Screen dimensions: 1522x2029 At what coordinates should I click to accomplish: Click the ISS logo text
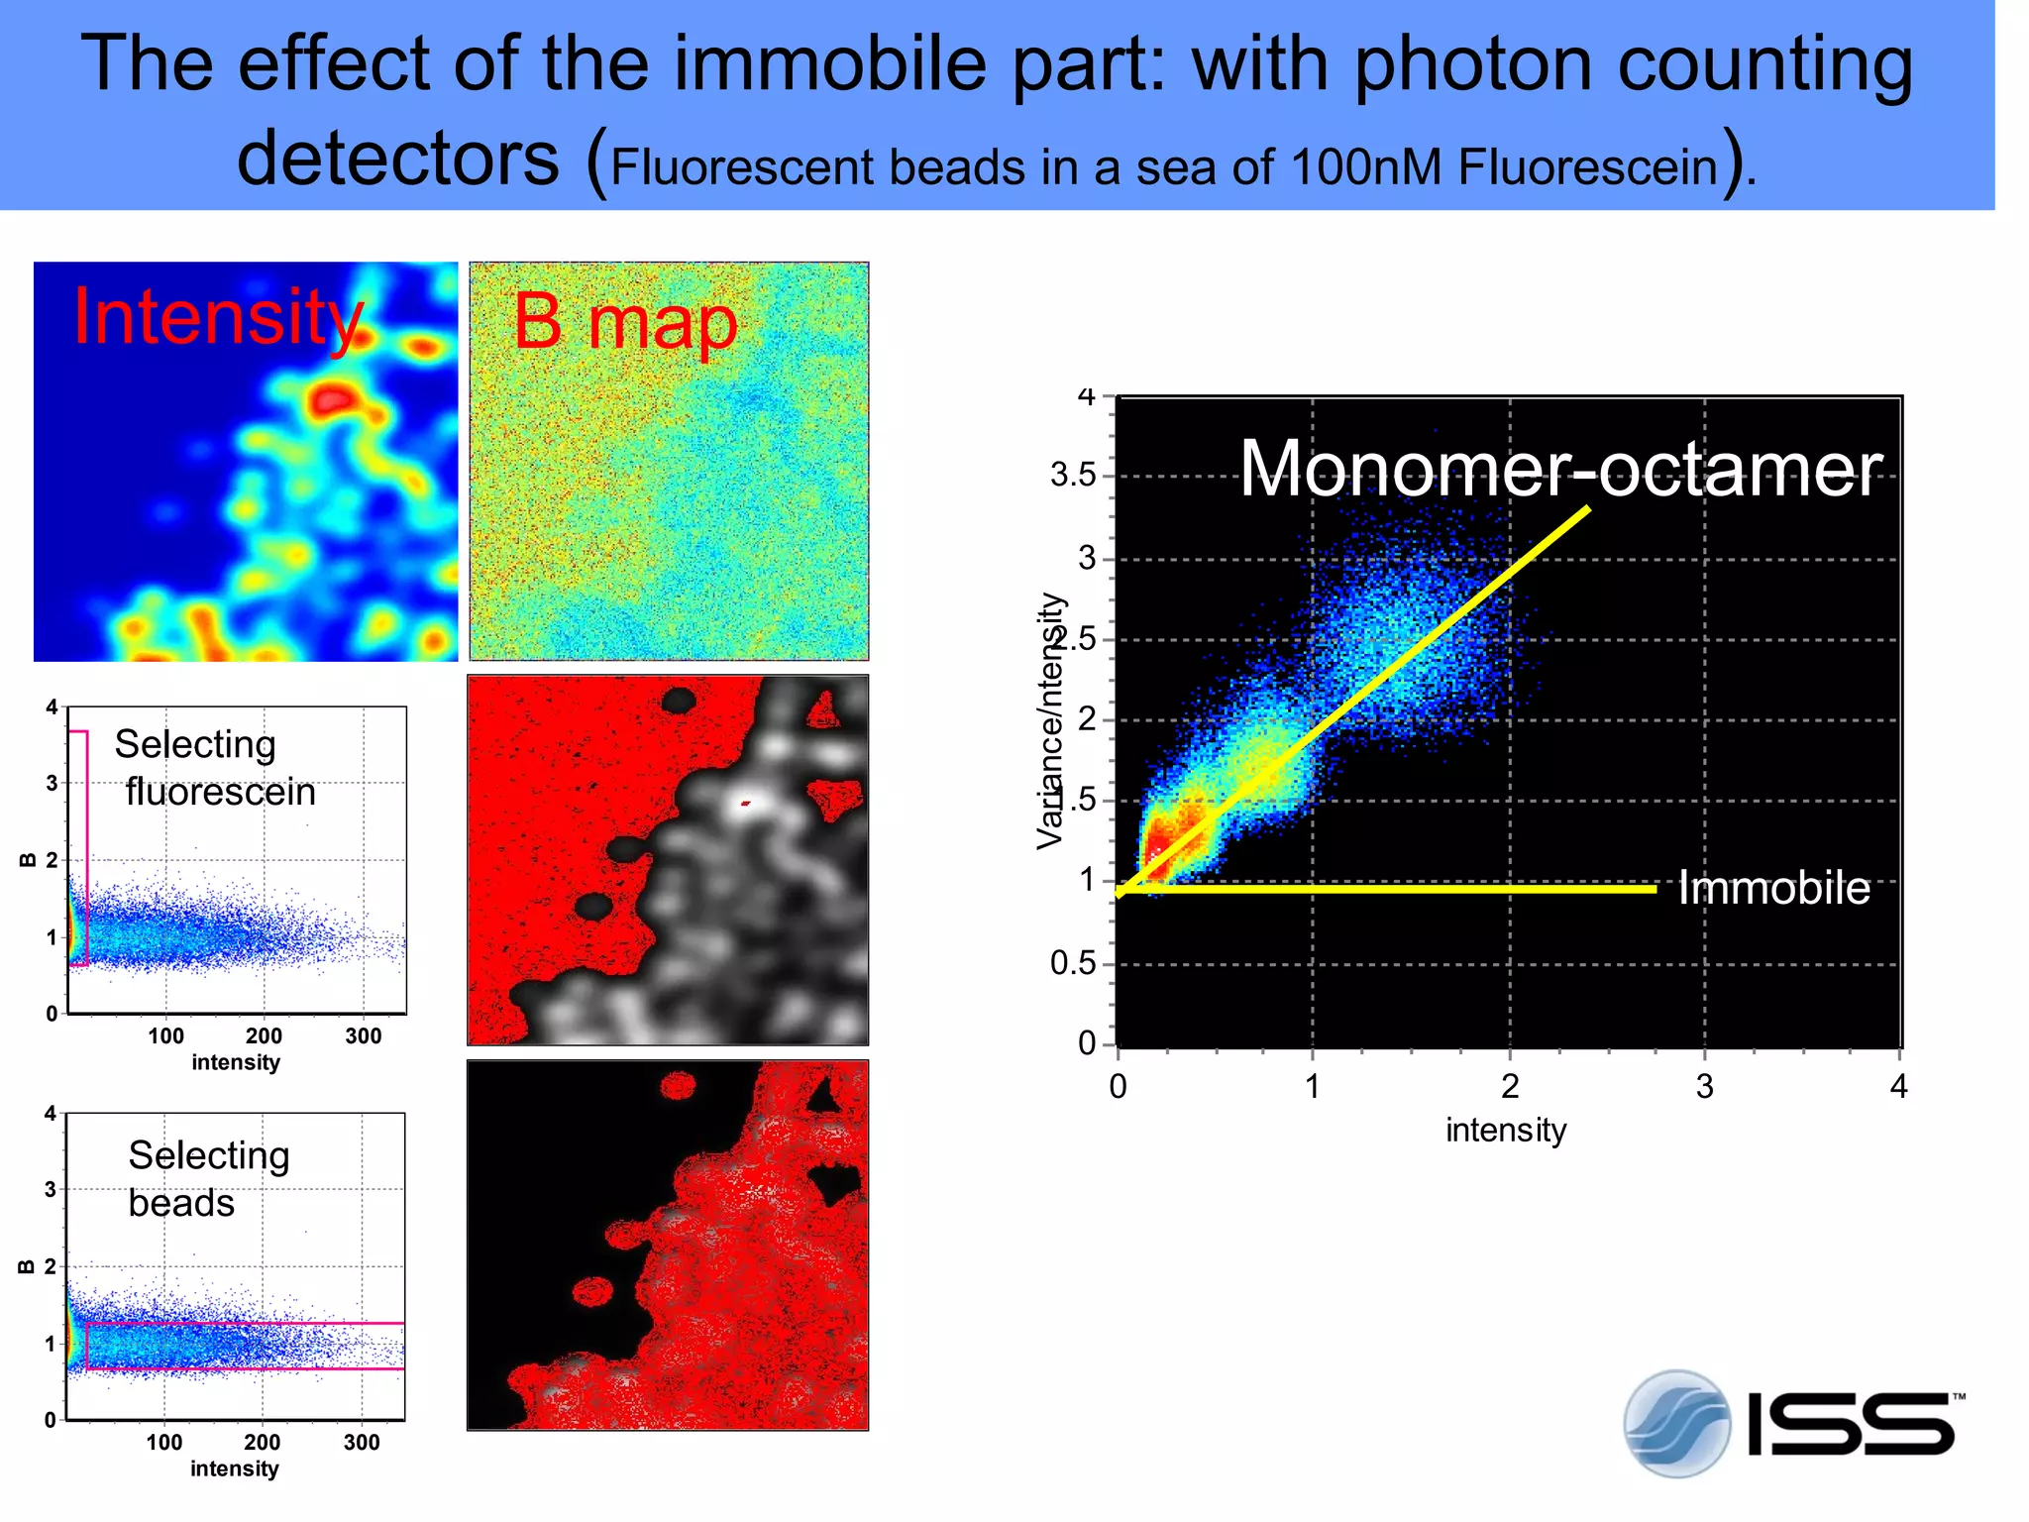1851,1424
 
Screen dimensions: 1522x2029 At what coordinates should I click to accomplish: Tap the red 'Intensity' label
218,317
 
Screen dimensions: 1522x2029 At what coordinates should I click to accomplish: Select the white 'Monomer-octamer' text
1559,469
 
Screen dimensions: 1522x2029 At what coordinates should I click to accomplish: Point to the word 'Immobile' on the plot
1772,888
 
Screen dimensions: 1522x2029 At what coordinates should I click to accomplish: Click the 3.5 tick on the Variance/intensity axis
1073,476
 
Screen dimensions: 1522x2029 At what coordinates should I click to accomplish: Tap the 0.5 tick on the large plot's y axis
1073,963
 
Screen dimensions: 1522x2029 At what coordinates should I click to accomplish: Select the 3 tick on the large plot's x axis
1704,1087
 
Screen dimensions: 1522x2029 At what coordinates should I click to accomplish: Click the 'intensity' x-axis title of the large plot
1505,1131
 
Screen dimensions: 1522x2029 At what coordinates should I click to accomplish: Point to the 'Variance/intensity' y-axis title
1050,720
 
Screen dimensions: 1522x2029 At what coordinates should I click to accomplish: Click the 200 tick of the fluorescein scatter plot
264,1036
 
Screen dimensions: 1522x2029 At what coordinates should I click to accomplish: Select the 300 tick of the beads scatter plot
362,1443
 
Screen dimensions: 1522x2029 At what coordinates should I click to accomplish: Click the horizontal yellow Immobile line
1387,890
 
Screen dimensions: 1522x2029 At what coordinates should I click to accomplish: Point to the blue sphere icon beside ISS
1676,1424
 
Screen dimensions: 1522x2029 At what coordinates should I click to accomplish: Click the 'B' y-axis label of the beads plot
27,1266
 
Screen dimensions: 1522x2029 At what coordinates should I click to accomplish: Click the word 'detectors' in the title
398,159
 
